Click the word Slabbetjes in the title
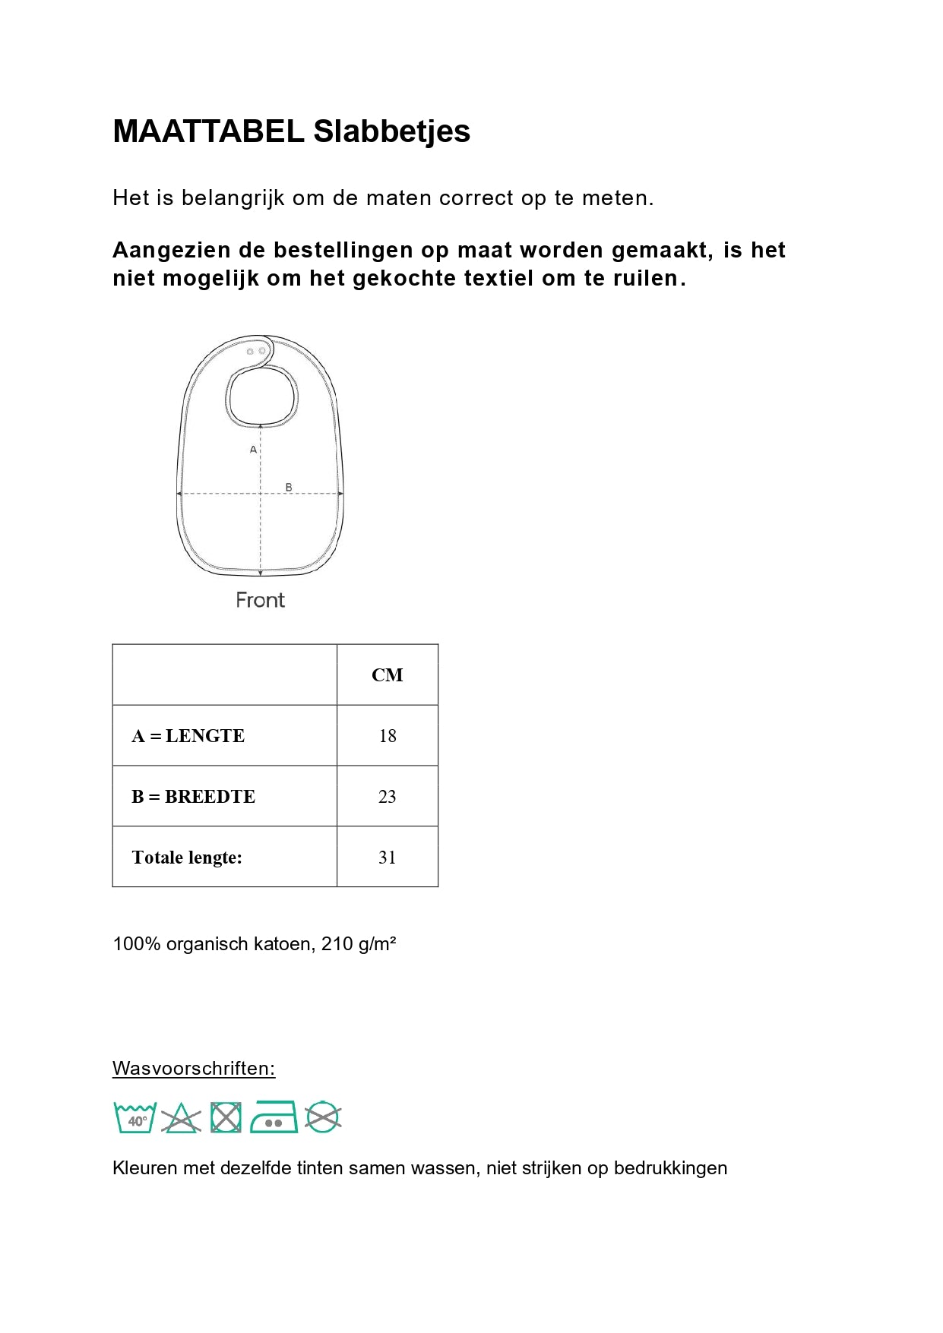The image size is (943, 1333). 391,131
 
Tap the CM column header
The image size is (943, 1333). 387,675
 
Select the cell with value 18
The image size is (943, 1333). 387,736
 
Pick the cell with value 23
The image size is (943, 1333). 387,797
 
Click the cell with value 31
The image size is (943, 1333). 387,858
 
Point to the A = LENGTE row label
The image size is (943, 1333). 188,736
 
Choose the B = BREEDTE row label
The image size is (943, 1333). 193,797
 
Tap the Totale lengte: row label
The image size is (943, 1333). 187,858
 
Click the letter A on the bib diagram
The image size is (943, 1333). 253,450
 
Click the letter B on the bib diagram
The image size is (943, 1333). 289,487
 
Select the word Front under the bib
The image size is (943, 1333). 260,600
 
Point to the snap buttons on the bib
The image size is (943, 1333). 256,352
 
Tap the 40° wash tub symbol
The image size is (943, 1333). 135,1118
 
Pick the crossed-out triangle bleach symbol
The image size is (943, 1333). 180,1119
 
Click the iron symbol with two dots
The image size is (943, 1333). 274,1117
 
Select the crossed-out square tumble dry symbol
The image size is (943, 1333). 226,1118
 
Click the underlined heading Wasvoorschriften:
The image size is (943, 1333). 194,1069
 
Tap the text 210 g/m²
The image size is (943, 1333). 359,944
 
